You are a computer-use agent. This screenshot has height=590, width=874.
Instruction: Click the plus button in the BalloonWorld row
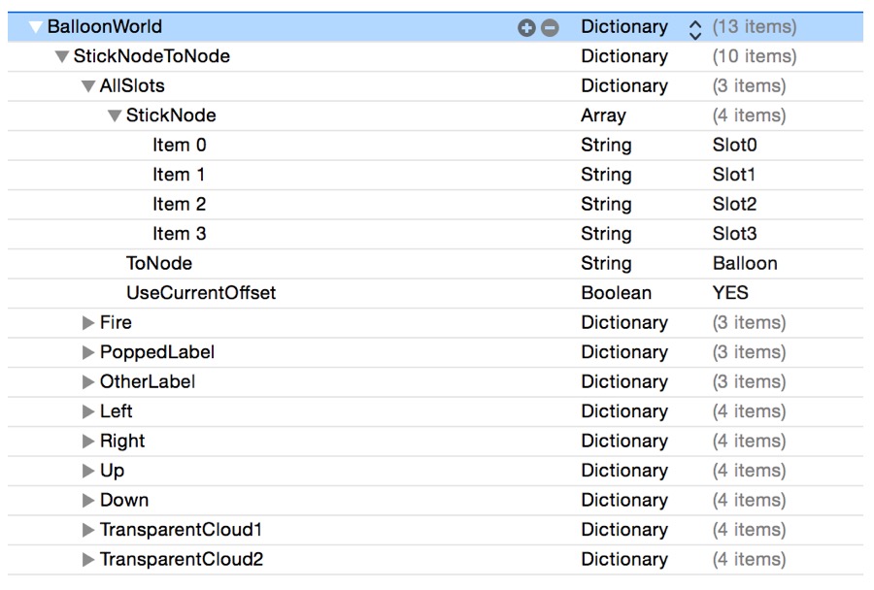pos(526,28)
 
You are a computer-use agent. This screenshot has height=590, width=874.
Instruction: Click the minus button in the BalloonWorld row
pos(550,28)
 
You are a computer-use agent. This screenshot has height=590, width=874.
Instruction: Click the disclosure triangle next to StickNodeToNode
pos(63,57)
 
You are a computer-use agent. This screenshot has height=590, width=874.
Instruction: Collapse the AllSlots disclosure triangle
pos(89,86)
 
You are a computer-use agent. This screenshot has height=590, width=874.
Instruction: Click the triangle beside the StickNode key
pos(116,116)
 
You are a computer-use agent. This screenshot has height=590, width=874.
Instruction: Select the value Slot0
pos(734,145)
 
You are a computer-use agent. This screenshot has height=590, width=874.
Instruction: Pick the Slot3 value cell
pos(734,234)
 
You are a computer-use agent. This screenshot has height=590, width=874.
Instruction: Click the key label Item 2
pos(179,204)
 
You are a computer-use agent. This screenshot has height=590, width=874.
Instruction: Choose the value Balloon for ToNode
pos(745,263)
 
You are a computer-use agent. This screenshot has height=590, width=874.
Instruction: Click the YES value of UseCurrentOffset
pos(730,293)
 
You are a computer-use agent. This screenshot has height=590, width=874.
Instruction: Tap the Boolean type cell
pos(616,293)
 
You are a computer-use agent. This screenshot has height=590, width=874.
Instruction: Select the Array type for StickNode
pos(603,115)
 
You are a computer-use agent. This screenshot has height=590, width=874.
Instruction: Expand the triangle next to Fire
pos(89,323)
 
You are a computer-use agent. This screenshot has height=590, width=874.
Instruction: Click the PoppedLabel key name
pos(156,352)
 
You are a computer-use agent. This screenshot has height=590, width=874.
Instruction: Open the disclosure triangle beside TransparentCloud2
pos(89,560)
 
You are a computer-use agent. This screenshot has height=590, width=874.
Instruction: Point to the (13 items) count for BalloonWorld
pos(754,27)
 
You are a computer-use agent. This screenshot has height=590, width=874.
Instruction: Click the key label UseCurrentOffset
pos(200,293)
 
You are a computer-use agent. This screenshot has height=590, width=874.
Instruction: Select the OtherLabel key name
pos(147,381)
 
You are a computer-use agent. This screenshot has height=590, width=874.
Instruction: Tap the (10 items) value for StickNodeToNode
pos(754,56)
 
